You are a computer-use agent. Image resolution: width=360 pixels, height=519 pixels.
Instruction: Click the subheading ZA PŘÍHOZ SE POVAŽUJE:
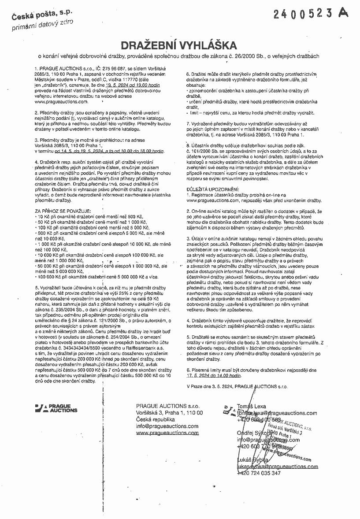click(63, 212)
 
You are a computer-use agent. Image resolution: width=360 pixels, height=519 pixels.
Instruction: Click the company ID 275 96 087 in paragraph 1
click(112, 70)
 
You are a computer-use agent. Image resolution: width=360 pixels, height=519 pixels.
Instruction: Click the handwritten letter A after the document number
click(344, 13)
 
